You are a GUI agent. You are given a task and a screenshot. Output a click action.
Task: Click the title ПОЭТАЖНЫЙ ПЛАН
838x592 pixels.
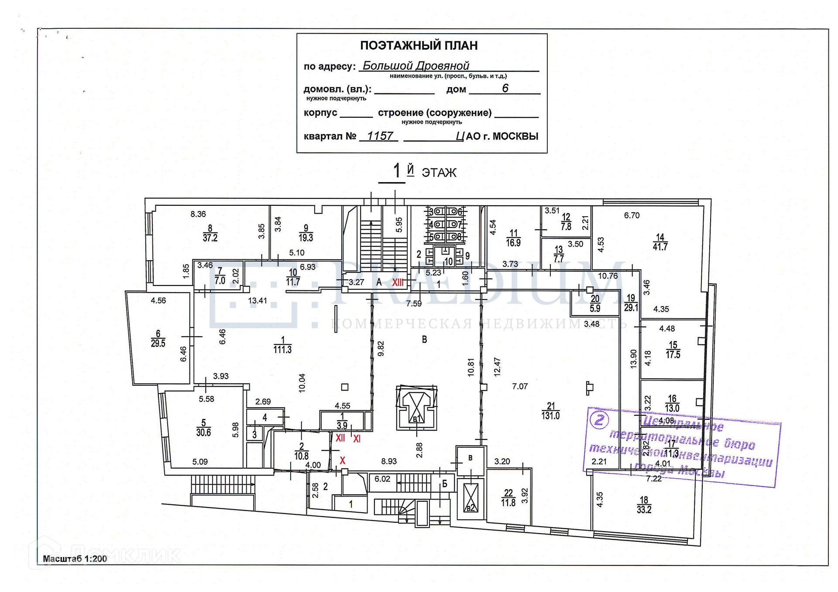tap(419, 45)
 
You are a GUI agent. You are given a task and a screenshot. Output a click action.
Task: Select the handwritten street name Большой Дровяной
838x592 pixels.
tap(416, 66)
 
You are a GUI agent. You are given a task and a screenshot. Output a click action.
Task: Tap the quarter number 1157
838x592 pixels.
tap(380, 136)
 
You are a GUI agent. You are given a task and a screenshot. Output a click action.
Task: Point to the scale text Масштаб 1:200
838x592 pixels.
tap(75, 559)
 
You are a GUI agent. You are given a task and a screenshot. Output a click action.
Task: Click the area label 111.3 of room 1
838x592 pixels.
tap(282, 350)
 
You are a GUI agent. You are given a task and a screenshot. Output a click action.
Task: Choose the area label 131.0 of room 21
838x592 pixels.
tap(550, 416)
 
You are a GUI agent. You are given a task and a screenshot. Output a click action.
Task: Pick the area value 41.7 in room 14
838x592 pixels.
tap(660, 247)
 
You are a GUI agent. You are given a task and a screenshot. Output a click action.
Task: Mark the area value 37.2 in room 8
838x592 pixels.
tap(210, 238)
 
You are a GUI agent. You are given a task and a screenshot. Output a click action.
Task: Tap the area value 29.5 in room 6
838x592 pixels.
tap(158, 344)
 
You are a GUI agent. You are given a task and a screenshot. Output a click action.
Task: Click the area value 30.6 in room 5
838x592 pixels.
tap(203, 432)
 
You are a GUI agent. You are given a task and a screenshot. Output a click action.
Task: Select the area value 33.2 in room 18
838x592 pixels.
tap(644, 510)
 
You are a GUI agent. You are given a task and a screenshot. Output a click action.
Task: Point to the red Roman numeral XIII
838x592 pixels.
tap(398, 282)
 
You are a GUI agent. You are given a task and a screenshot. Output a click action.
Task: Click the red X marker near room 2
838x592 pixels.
tap(343, 460)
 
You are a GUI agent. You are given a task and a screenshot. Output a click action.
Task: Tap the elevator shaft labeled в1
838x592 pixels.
tap(416, 408)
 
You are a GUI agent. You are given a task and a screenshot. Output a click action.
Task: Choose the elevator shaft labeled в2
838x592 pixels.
tap(471, 498)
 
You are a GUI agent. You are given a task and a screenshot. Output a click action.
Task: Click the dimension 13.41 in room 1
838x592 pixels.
tap(258, 300)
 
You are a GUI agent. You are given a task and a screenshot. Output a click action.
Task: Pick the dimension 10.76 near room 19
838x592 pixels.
tap(608, 276)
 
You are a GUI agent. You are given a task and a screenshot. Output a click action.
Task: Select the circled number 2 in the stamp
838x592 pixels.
tap(599, 420)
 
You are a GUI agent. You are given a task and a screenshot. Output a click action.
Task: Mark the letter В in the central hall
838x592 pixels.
tap(424, 340)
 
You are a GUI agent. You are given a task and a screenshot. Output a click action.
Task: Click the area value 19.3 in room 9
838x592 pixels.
tap(306, 238)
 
